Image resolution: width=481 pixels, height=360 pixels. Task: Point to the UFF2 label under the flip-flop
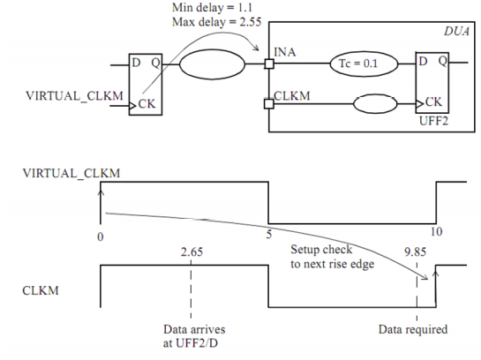[x=432, y=117]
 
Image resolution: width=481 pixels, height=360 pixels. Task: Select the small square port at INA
[x=267, y=64]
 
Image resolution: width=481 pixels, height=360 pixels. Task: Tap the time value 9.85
[x=415, y=251]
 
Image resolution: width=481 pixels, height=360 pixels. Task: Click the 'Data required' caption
[x=413, y=330]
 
